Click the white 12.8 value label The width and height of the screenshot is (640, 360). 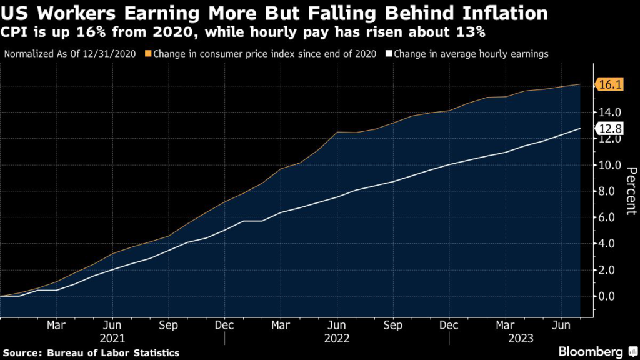point(610,129)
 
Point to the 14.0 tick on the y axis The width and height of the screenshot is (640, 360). point(609,112)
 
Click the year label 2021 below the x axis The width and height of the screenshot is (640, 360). point(112,337)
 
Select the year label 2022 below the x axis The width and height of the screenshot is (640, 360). point(336,337)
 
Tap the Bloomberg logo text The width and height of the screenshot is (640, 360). point(590,351)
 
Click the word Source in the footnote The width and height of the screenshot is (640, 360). point(24,353)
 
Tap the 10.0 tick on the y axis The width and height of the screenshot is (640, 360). point(609,165)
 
